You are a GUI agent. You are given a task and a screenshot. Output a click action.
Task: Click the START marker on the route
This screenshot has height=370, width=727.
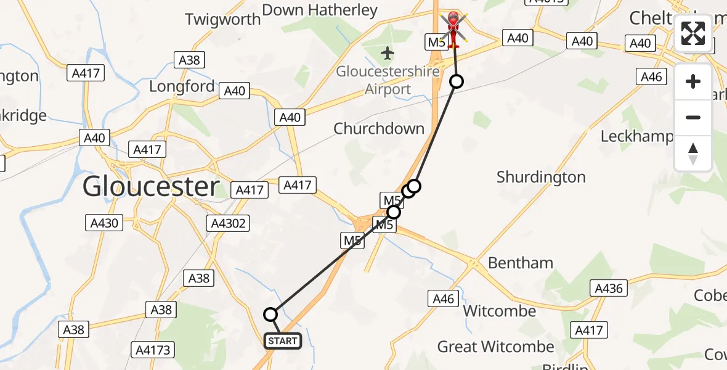[283, 340]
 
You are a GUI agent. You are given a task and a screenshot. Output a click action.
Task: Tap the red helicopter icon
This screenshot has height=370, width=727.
[454, 27]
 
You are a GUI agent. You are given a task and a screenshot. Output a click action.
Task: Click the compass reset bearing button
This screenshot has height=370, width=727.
[693, 154]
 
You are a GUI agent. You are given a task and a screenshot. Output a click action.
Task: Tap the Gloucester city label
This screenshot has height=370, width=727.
[151, 186]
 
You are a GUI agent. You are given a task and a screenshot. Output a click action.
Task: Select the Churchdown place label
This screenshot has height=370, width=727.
[379, 129]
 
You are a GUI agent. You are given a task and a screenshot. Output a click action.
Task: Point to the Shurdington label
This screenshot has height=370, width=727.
[541, 178]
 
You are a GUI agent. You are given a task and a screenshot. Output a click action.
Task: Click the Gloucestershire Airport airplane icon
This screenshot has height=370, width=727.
[388, 54]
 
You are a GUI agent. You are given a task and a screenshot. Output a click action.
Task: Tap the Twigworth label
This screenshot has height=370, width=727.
[223, 19]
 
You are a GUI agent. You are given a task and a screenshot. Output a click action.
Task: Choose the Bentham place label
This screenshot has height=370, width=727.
[521, 263]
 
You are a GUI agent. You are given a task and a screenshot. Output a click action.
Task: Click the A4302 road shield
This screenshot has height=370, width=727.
[229, 223]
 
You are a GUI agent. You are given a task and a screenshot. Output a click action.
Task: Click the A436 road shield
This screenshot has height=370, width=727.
[609, 288]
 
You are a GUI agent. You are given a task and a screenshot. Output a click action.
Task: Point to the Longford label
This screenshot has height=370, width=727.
[182, 86]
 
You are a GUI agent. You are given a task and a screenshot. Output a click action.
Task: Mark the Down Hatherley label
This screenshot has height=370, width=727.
[320, 10]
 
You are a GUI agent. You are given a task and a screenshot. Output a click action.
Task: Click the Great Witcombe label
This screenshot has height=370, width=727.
[495, 347]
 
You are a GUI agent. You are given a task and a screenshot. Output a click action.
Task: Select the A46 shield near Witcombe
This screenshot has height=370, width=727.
[444, 299]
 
